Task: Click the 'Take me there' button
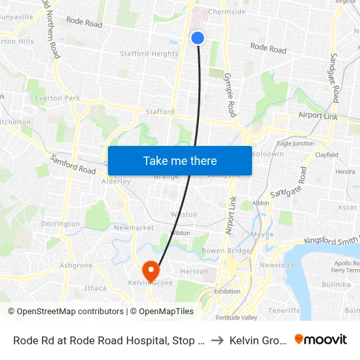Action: pyautogui.click(x=180, y=161)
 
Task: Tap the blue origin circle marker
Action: pyautogui.click(x=198, y=39)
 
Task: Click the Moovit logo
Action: pyautogui.click(x=320, y=339)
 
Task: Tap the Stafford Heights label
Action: pyautogui.click(x=149, y=54)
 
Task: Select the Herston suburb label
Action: pyautogui.click(x=194, y=271)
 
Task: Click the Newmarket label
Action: pyautogui.click(x=134, y=228)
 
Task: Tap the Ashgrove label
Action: pyautogui.click(x=76, y=265)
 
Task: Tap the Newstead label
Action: pyautogui.click(x=276, y=265)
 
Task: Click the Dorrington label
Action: pyautogui.click(x=60, y=223)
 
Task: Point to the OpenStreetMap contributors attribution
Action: pyautogui.click(x=65, y=312)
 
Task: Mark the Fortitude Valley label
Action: pyautogui.click(x=237, y=317)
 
